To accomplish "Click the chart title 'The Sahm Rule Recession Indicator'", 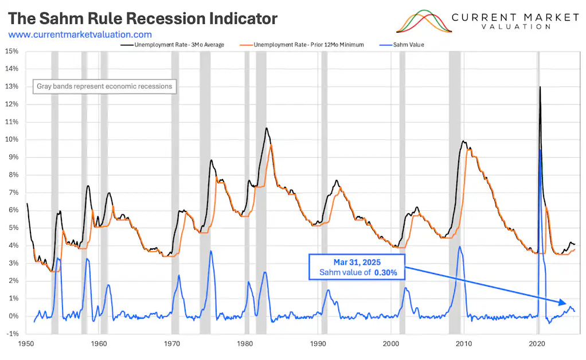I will [x=143, y=18].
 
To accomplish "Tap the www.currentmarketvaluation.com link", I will [x=80, y=35].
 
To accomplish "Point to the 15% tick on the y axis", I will [x=11, y=51].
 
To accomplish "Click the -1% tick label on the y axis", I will [x=11, y=334].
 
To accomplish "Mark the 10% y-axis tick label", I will [x=11, y=139].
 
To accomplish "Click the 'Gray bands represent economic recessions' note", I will [x=104, y=87].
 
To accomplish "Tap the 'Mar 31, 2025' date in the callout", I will [x=357, y=261].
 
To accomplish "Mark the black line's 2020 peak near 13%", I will [x=540, y=87].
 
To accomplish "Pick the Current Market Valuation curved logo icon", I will [x=422, y=21].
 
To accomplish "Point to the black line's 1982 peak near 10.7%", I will [x=266, y=128].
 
